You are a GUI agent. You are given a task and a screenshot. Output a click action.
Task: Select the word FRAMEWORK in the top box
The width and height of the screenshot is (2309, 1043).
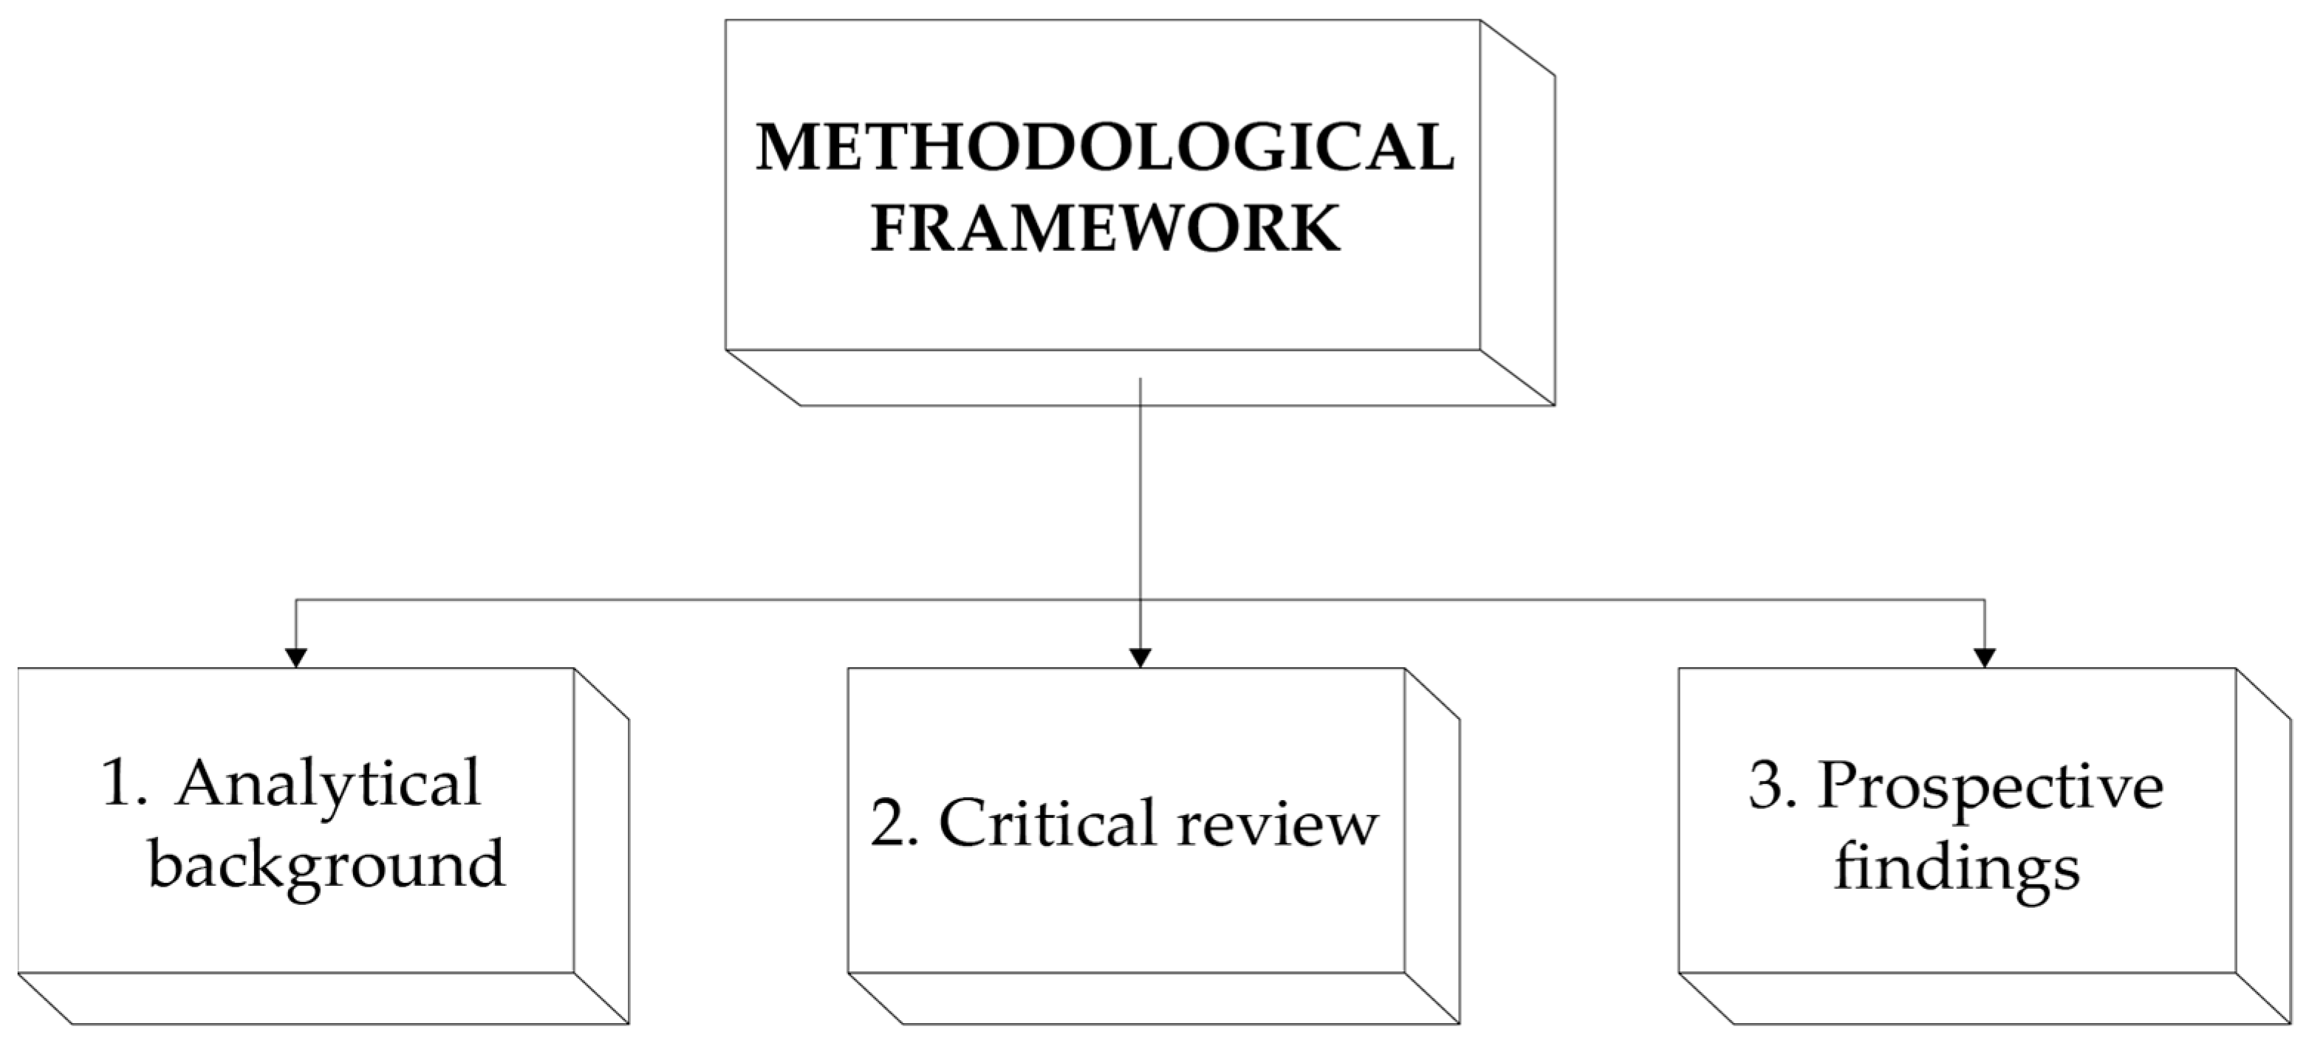pos(1104,230)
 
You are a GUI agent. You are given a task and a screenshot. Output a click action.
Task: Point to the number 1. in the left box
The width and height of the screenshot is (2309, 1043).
pos(125,785)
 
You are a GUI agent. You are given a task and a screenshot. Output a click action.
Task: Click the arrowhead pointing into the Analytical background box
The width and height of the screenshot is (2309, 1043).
pos(295,658)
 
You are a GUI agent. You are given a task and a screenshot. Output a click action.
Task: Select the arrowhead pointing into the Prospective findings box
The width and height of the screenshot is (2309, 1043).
pos(1985,658)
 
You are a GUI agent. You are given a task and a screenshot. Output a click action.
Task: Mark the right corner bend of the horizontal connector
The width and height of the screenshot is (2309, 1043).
pos(1985,599)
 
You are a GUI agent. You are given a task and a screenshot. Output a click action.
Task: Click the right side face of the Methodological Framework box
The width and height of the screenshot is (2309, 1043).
pos(1516,215)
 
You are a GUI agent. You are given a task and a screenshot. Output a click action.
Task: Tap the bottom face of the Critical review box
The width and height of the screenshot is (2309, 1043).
pos(1154,997)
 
